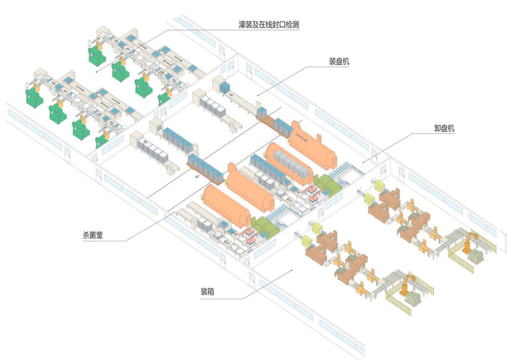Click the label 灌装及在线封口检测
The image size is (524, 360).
[268, 25]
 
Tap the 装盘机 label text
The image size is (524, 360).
[339, 61]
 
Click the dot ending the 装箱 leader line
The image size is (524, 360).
[292, 270]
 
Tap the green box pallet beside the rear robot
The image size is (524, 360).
[476, 256]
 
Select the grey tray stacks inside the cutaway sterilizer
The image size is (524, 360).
[289, 163]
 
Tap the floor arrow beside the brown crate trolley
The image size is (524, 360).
[198, 177]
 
